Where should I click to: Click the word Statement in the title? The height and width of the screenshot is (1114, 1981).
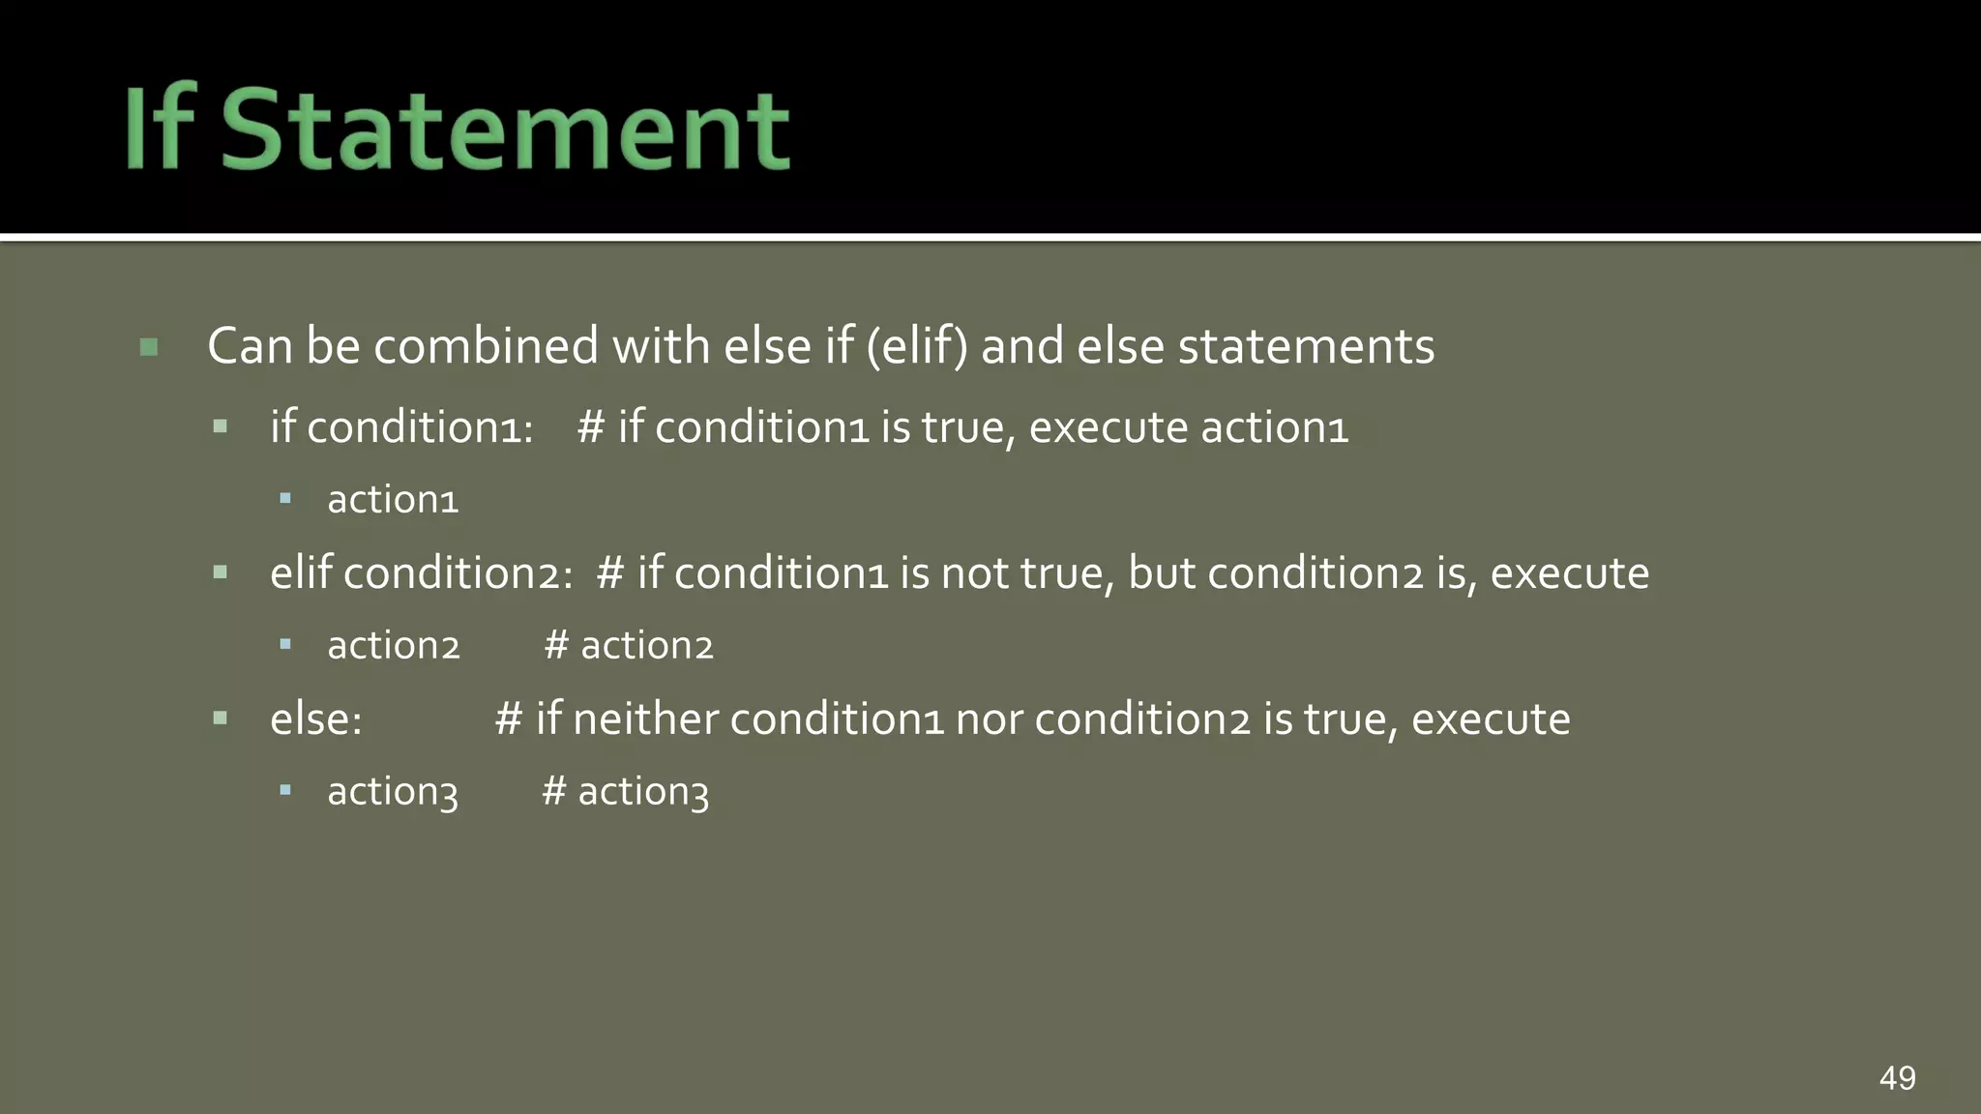tap(505, 130)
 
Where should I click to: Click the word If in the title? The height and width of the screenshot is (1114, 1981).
tap(161, 128)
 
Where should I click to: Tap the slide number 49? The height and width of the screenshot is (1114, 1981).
tap(1897, 1077)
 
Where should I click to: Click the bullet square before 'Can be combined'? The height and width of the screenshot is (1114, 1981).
tap(149, 346)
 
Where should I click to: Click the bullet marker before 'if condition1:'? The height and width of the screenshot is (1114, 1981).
tap(221, 426)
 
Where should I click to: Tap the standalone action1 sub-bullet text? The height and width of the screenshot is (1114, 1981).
tap(393, 500)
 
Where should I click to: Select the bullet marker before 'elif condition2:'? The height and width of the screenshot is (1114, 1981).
tap(221, 572)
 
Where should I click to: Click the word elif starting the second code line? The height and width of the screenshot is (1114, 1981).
tap(301, 572)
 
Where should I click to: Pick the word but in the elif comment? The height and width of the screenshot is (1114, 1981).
tap(1161, 572)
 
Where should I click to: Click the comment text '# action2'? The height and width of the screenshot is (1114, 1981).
tap(629, 645)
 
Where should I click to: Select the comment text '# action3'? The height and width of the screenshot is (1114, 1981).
tap(626, 792)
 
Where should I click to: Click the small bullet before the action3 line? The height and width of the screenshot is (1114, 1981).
tap(285, 790)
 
